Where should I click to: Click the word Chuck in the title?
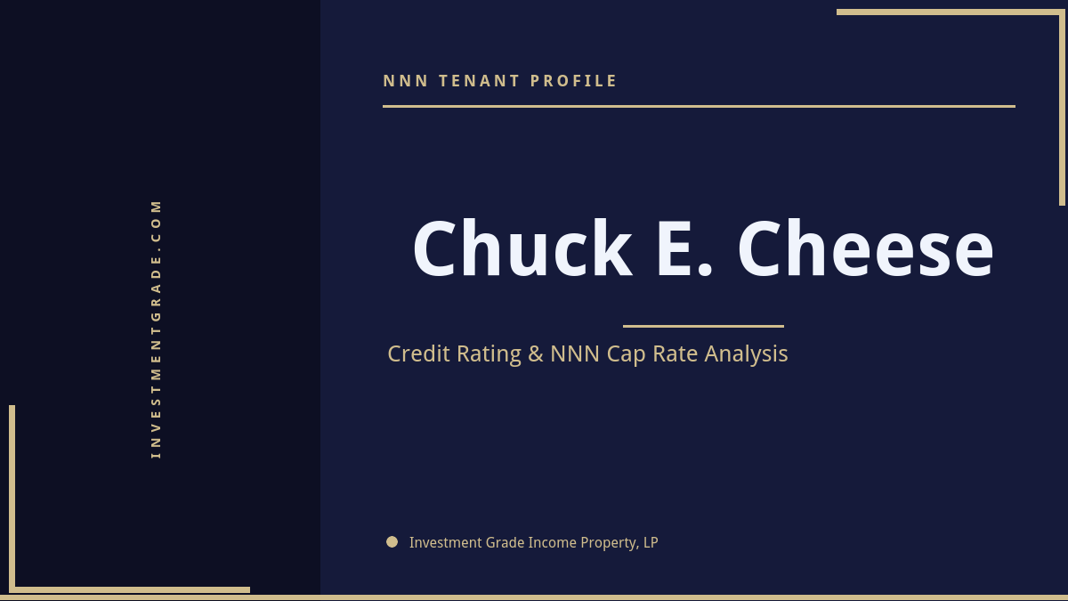click(x=522, y=249)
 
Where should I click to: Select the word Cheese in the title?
click(x=865, y=249)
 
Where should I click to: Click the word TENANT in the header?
click(x=480, y=81)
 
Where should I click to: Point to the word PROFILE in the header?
click(x=574, y=81)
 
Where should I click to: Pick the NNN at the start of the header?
click(x=406, y=81)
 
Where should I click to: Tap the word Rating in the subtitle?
click(x=489, y=354)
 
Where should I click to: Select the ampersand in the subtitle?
click(x=535, y=354)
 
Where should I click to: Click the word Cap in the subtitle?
click(x=626, y=354)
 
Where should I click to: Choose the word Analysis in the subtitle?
click(x=746, y=354)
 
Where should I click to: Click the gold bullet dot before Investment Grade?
click(x=392, y=541)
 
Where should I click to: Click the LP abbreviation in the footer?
click(x=650, y=542)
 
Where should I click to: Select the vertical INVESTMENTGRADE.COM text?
click(x=156, y=329)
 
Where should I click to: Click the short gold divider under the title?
click(x=703, y=326)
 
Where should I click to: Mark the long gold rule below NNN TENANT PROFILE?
click(x=699, y=106)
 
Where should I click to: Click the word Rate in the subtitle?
click(x=676, y=354)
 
